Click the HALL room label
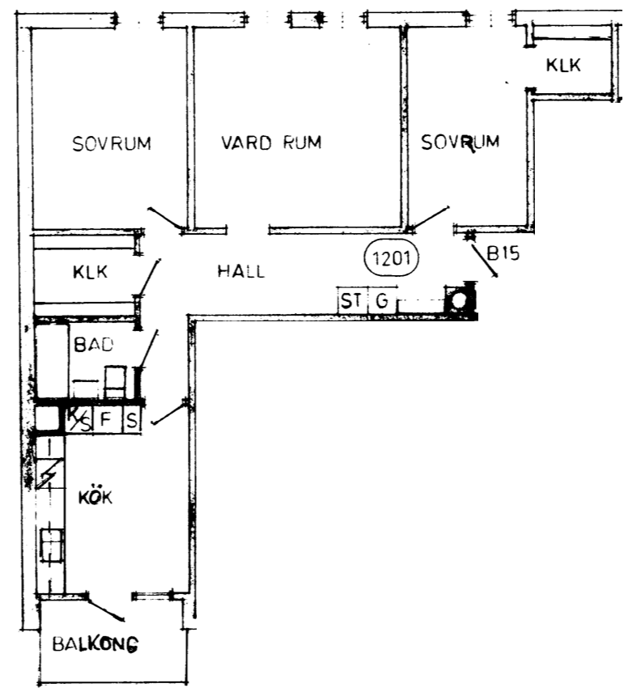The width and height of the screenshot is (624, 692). point(241,270)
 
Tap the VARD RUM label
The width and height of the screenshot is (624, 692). point(271,142)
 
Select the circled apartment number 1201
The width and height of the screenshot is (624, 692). point(392,257)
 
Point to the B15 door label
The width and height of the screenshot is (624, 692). point(503,253)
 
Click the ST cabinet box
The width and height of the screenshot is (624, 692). point(352,300)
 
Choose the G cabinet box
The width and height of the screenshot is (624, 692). point(382,300)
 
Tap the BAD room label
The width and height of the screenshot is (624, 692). point(94,344)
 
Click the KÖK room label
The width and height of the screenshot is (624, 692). point(96,497)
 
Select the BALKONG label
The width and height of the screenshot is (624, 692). point(95,644)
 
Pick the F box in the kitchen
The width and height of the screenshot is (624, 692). point(106,418)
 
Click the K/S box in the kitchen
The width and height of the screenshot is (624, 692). point(79,419)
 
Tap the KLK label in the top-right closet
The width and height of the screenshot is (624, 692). point(563,66)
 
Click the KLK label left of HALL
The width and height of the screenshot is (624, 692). point(90,272)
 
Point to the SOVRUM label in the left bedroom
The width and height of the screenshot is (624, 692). point(112,144)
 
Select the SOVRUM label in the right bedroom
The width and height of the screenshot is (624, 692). point(461,142)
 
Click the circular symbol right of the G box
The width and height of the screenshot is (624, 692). point(460,300)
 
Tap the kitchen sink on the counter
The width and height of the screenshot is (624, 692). point(52,545)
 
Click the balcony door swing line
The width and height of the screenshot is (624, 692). point(105,609)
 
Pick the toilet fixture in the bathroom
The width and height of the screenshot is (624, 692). point(116,382)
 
